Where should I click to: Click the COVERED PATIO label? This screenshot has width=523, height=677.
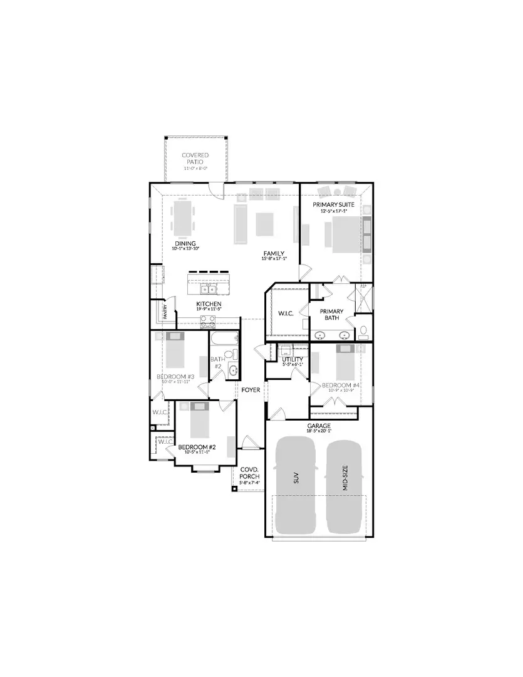[195, 158]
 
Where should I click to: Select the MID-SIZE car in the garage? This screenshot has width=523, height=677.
[344, 486]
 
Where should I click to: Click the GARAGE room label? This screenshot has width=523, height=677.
[319, 426]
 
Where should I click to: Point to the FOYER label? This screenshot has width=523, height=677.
[251, 390]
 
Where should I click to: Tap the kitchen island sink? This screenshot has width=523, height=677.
[208, 288]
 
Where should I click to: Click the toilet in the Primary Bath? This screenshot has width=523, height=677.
[363, 332]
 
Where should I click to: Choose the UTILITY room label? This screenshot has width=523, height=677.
[293, 360]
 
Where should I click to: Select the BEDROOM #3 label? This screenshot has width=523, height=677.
[175, 377]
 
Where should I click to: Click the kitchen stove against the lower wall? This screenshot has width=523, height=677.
[208, 322]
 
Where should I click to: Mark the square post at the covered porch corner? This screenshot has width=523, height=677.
[234, 488]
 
